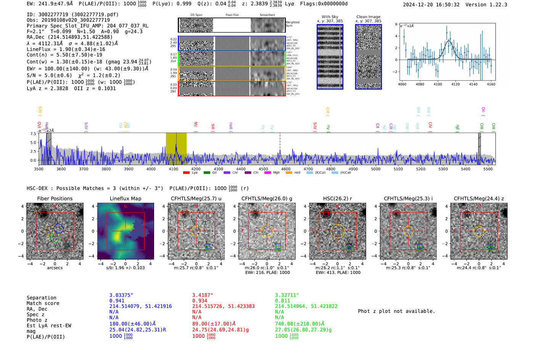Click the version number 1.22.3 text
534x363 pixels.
coord(495,5)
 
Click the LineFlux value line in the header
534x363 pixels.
coord(66,49)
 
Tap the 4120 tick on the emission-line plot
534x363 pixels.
coord(455,84)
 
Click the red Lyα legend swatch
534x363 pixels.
coord(186,173)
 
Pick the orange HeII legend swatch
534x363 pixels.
coord(289,173)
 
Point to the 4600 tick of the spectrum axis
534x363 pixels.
coord(286,169)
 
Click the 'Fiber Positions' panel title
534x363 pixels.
coord(55,198)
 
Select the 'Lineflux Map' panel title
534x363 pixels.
coord(125,198)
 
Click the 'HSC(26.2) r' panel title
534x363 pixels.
coord(337,198)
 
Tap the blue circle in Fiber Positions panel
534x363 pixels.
coord(58,229)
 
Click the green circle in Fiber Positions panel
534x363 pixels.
coord(56,238)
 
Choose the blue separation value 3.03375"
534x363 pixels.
coord(121,295)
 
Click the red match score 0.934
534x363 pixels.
coord(199,301)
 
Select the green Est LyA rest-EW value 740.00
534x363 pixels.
coord(299,324)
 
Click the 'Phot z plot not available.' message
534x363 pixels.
coord(396,311)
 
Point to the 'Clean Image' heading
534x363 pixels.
coord(368,17)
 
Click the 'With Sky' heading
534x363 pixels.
coord(330,17)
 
